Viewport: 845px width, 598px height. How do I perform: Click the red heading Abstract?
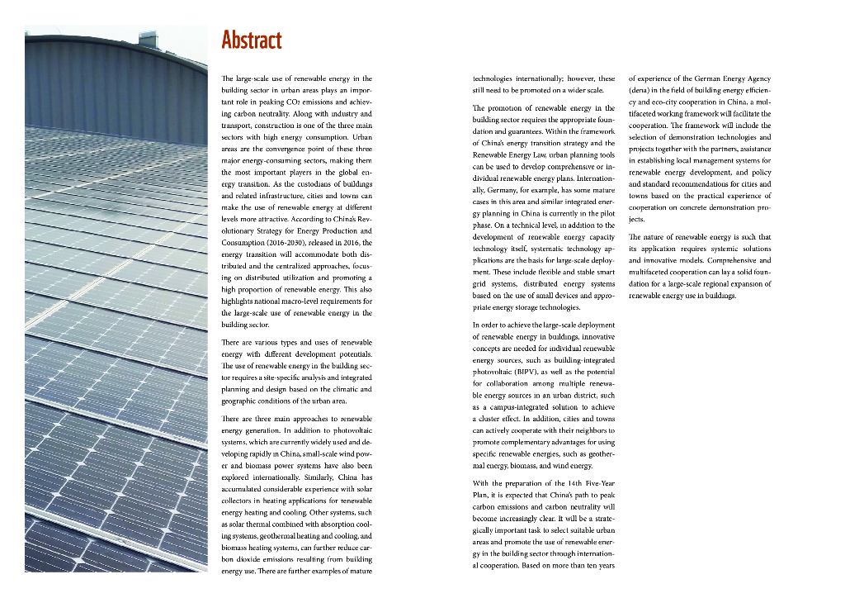click(x=252, y=40)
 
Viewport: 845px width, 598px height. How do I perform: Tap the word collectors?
click(x=238, y=501)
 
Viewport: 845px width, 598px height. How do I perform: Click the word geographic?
click(x=242, y=401)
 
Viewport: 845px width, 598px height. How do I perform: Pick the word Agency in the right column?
click(x=753, y=78)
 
